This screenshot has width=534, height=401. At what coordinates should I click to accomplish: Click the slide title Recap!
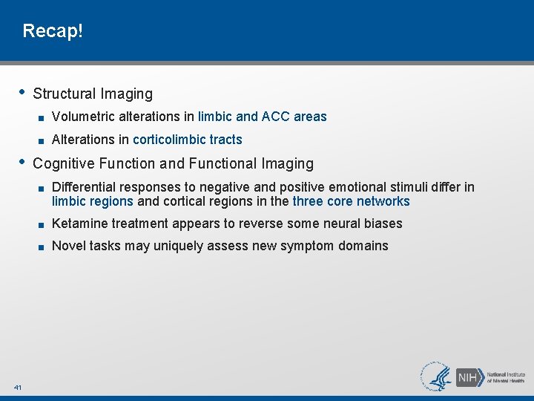(53, 31)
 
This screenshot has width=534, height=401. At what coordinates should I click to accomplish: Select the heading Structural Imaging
(93, 94)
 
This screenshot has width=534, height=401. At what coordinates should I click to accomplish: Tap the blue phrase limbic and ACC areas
(262, 117)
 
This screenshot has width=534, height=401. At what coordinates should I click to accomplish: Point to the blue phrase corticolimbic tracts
(187, 140)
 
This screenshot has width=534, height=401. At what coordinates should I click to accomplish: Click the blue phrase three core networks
(351, 201)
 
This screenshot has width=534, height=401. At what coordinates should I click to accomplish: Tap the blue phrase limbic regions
(93, 201)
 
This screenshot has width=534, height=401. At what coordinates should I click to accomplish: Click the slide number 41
(17, 387)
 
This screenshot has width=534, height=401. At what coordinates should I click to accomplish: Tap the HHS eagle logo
(438, 376)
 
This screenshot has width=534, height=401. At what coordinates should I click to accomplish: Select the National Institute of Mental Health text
(506, 376)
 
